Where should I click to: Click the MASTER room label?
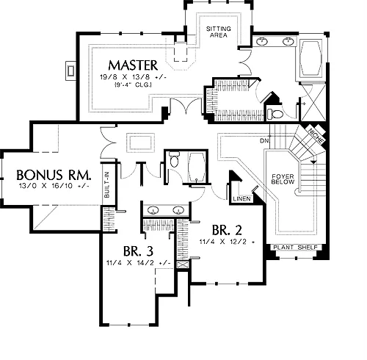click(x=133, y=65)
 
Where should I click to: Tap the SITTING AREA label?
click(x=219, y=32)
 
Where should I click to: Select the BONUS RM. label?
click(x=54, y=175)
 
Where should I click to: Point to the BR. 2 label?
click(x=227, y=230)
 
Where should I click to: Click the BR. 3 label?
click(x=138, y=251)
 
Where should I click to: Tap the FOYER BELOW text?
click(x=283, y=179)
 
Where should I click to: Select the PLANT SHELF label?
click(x=295, y=248)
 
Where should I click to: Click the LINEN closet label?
click(x=241, y=198)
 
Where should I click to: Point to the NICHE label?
click(x=316, y=136)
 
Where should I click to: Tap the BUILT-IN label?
click(x=107, y=185)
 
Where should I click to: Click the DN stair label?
click(x=264, y=141)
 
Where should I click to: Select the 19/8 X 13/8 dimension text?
click(x=133, y=77)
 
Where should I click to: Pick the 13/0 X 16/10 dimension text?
click(x=54, y=186)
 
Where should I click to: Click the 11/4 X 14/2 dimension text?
click(x=139, y=263)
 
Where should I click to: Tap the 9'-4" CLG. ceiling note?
click(x=133, y=85)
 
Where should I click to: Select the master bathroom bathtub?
click(x=311, y=58)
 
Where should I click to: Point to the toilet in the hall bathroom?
click(x=175, y=159)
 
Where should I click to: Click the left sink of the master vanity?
click(x=262, y=41)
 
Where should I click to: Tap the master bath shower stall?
click(x=313, y=102)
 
